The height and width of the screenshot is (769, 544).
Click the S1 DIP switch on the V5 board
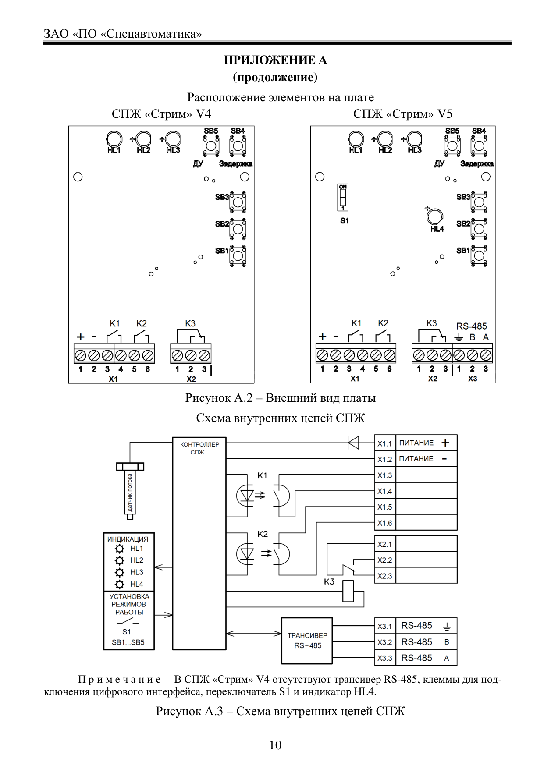point(343,198)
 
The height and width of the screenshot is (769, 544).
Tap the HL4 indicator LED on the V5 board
point(435,216)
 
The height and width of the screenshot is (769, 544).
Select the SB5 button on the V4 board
point(211,145)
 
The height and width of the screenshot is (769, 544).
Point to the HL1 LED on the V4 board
point(114,139)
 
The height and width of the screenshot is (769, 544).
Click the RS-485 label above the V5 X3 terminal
point(472,326)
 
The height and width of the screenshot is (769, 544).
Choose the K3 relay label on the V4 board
point(190,323)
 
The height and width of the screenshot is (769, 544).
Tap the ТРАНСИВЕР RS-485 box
point(307,641)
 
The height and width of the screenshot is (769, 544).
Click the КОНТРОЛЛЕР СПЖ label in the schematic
point(199,448)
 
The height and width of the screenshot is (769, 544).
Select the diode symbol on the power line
point(353,443)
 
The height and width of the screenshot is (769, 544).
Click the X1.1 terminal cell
point(385,443)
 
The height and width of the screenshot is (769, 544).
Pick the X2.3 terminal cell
point(385,576)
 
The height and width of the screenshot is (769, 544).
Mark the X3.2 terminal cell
point(385,642)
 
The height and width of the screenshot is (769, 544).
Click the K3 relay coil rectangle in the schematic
point(348,591)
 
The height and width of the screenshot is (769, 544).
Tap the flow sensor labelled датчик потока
point(130,491)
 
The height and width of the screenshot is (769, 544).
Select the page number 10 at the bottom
point(275,745)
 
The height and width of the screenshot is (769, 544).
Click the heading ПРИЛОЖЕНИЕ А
point(275,60)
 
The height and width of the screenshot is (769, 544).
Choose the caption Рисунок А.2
point(219,398)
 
